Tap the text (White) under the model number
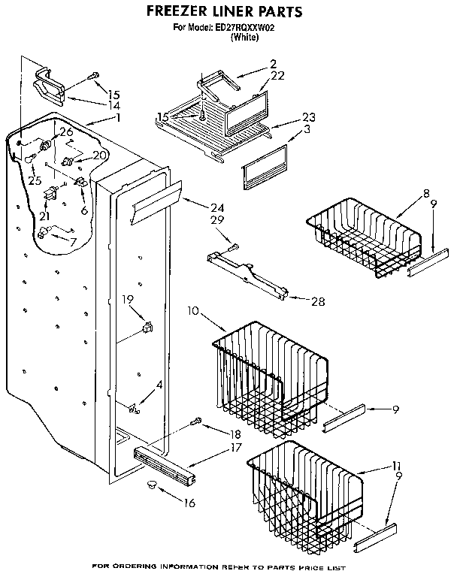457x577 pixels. (244, 38)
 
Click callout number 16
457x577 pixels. (189, 503)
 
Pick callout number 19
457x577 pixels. (128, 299)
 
